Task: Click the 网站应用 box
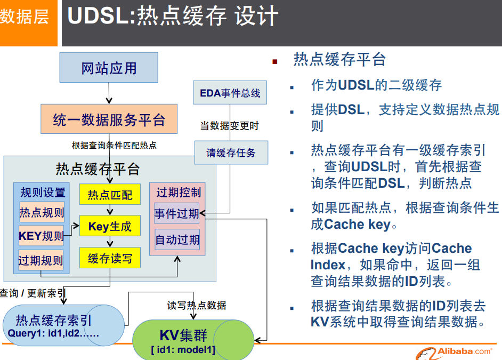tap(109, 68)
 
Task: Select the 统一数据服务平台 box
tap(109, 119)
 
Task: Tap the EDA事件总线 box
tap(230, 93)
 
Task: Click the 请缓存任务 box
tap(231, 153)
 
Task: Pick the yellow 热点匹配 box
tap(110, 195)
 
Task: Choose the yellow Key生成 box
tap(110, 227)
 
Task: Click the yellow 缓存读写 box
tap(110, 259)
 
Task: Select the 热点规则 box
tap(42, 212)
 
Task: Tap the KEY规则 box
tap(41, 236)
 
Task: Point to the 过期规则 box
tap(41, 260)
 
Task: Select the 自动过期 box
tap(177, 239)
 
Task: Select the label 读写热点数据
tap(197, 306)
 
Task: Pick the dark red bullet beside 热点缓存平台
tap(275, 62)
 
